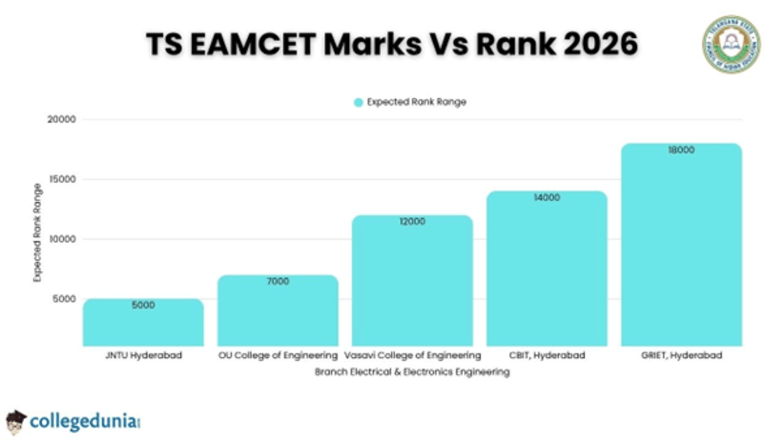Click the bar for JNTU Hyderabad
[143, 323]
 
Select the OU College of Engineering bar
[278, 311]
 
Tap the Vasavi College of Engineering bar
[412, 281]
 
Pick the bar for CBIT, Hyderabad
[547, 269]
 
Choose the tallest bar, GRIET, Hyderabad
[681, 245]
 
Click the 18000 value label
[681, 150]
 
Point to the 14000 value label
[547, 198]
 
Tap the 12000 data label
[412, 222]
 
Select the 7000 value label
[278, 281]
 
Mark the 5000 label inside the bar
[143, 305]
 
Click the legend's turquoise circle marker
[358, 102]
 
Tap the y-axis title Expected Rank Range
[37, 233]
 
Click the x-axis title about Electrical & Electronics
[412, 372]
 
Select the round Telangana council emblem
[731, 44]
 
